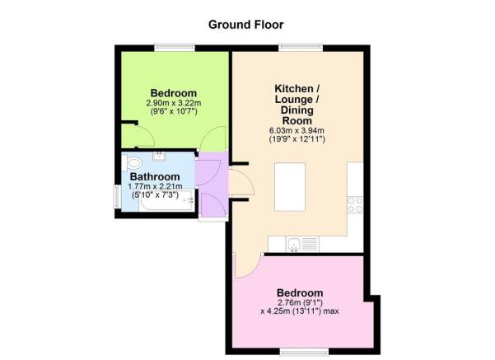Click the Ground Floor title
coord(246,24)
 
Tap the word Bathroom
coord(155,177)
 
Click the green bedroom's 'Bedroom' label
coord(174,92)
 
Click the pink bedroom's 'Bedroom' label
coord(300,293)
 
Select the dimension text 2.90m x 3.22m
coord(174,104)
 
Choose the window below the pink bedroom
coord(300,352)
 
